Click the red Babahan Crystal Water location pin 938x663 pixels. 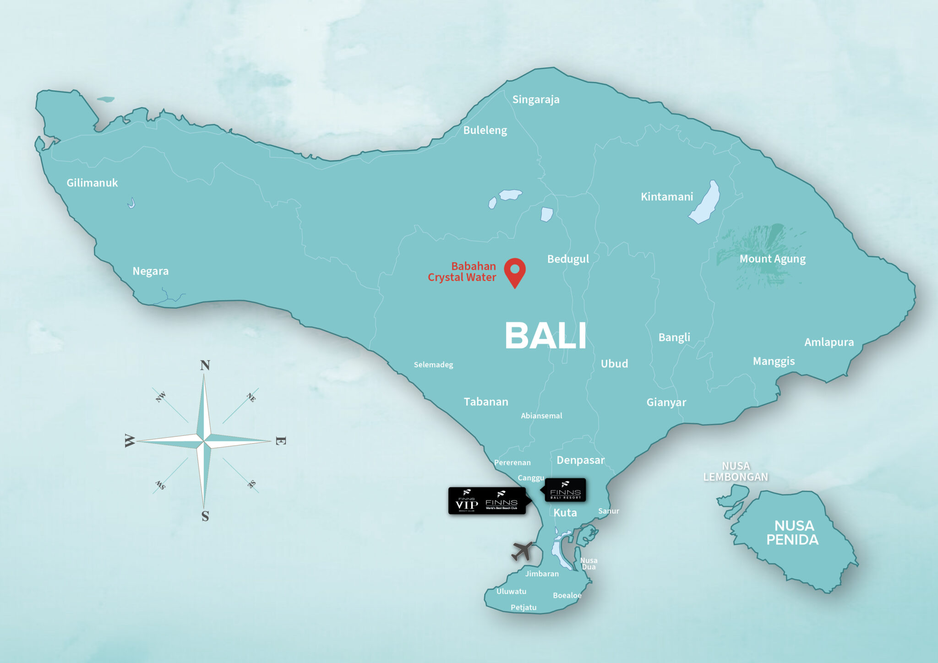(x=515, y=271)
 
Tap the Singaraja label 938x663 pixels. (x=535, y=99)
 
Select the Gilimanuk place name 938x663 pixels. (x=92, y=183)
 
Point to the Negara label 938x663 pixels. (x=150, y=271)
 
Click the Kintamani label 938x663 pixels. (x=666, y=197)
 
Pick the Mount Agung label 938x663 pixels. (x=772, y=259)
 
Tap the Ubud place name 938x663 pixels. (x=614, y=364)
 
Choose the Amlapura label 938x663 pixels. (x=829, y=342)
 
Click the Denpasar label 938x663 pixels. (x=580, y=460)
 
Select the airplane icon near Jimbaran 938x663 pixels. (x=523, y=551)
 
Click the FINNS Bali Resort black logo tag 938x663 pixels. (x=565, y=490)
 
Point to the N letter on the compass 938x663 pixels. (x=205, y=365)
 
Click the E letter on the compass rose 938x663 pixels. (x=281, y=441)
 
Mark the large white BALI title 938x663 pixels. (x=545, y=336)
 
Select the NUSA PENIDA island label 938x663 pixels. (x=793, y=533)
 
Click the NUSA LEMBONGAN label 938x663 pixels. (x=736, y=472)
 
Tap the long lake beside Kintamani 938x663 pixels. (x=705, y=202)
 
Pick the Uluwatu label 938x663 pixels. (x=511, y=591)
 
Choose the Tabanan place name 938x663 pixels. (x=485, y=402)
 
